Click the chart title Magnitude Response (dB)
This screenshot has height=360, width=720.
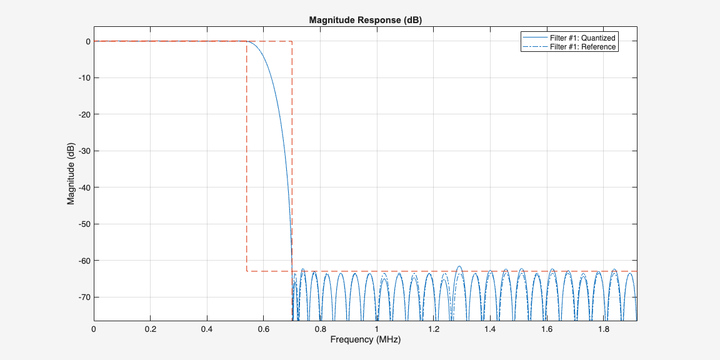point(366,20)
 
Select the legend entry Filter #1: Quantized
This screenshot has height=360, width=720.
point(582,38)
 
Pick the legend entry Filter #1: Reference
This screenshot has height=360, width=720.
point(582,47)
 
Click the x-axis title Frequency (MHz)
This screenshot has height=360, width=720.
point(366,340)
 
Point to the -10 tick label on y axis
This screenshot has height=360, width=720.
point(82,78)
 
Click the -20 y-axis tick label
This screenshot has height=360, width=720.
point(82,114)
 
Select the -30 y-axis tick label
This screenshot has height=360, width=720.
point(82,151)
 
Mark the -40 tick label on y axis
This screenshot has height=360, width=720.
point(82,187)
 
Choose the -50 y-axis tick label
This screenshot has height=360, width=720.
point(82,224)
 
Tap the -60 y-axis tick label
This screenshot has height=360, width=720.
point(82,260)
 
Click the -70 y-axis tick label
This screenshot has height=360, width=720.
point(82,297)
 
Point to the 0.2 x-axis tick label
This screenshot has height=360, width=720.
point(151,329)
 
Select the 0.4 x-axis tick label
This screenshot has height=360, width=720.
point(207,329)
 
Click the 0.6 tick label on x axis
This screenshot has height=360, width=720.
point(264,329)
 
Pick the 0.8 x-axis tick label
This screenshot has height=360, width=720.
point(320,329)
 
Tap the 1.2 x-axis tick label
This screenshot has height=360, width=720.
point(433,329)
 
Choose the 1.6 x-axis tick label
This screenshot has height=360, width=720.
point(546,329)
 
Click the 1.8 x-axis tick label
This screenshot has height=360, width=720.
point(603,329)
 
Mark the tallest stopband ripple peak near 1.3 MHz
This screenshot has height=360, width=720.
point(459,266)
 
